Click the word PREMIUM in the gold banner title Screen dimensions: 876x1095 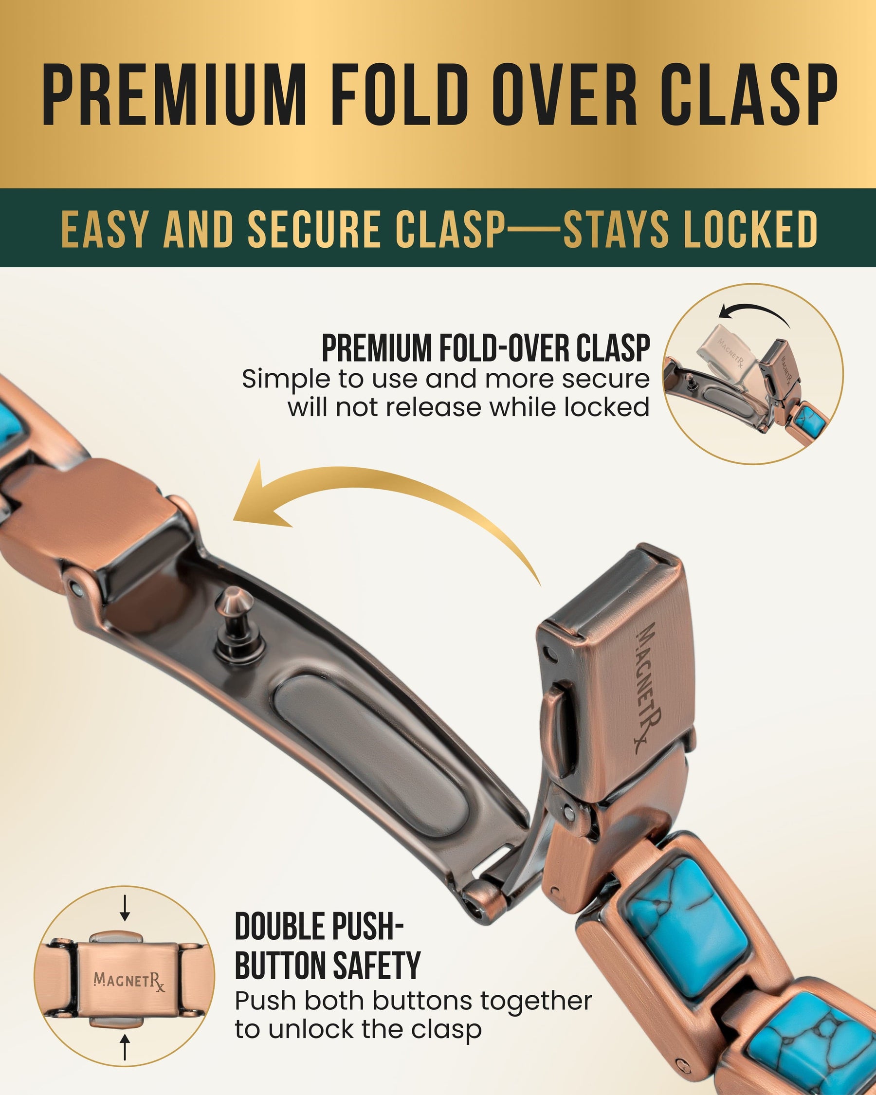(x=173, y=95)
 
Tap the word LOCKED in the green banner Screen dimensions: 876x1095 (x=750, y=229)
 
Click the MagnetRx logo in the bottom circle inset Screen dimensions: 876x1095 (x=129, y=982)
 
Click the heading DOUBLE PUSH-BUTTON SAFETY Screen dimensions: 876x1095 (x=328, y=946)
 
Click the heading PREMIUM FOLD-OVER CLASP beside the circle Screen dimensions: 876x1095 (x=486, y=348)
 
